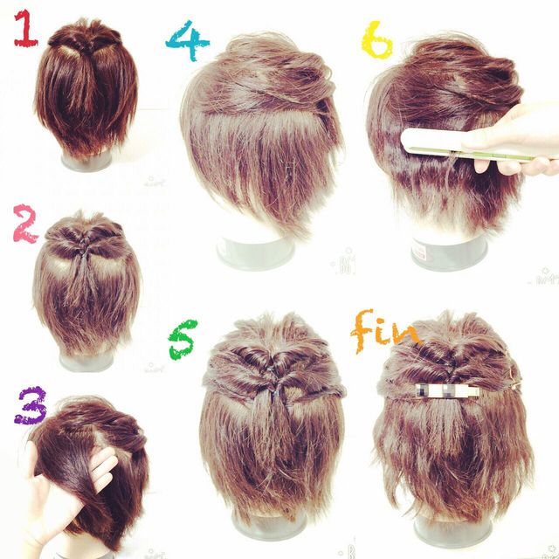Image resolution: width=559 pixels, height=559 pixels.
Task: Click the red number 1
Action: click(x=25, y=29)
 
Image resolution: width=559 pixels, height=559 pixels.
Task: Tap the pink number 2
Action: click(x=25, y=224)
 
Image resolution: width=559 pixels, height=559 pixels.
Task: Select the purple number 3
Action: click(x=31, y=405)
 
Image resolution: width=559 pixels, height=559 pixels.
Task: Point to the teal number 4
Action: click(x=188, y=40)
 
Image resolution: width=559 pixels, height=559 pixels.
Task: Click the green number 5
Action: click(x=183, y=340)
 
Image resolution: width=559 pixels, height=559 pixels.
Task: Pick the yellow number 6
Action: click(x=376, y=40)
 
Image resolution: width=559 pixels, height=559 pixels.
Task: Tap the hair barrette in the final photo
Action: click(x=448, y=390)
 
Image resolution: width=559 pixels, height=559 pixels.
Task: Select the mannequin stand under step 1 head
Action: click(x=86, y=162)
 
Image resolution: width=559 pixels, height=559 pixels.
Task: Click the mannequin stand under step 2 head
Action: click(x=86, y=360)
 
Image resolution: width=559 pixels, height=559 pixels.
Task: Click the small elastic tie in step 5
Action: click(x=277, y=394)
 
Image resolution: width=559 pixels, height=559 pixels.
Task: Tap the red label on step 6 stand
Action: click(x=422, y=251)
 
